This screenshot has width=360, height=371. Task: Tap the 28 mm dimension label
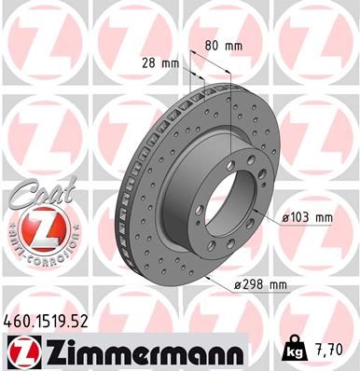click(160, 63)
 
